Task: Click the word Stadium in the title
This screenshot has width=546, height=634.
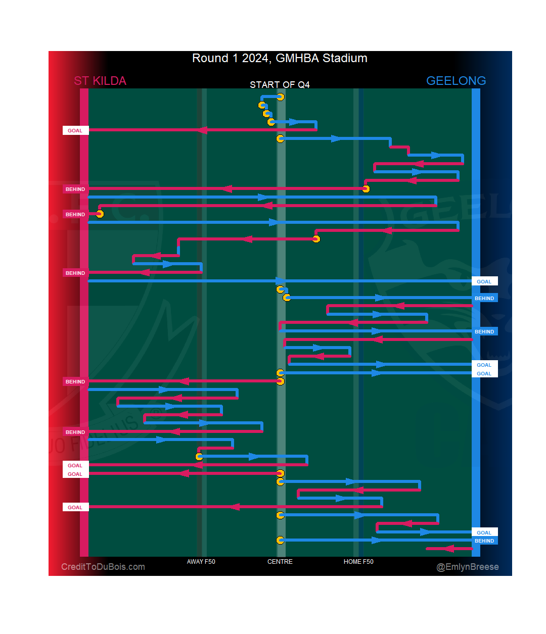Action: pyautogui.click(x=345, y=58)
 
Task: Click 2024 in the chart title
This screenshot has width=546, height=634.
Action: pyautogui.click(x=255, y=58)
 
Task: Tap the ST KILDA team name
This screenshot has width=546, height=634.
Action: pyautogui.click(x=100, y=81)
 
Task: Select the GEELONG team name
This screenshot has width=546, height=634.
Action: pyautogui.click(x=456, y=81)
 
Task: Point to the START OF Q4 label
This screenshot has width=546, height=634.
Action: pyautogui.click(x=280, y=84)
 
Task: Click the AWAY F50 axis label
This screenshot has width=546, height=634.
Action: pyautogui.click(x=201, y=562)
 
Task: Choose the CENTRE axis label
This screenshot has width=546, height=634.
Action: pyautogui.click(x=280, y=562)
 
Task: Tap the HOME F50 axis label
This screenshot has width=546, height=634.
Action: pyautogui.click(x=358, y=562)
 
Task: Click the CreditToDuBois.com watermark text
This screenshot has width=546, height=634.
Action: pyautogui.click(x=103, y=567)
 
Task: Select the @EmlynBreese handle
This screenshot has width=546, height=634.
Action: pyautogui.click(x=468, y=567)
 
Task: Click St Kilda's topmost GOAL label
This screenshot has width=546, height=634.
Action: pyautogui.click(x=75, y=130)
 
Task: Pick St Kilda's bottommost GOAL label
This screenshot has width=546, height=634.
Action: pyautogui.click(x=75, y=507)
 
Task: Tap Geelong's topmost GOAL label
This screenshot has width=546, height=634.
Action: pyautogui.click(x=484, y=281)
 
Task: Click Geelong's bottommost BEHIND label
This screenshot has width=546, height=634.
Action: pyautogui.click(x=484, y=541)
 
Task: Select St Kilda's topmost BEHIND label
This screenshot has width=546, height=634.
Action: pyautogui.click(x=75, y=189)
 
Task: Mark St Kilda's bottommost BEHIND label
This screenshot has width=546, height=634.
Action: pyautogui.click(x=75, y=432)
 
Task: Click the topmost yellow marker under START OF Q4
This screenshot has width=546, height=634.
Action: pyautogui.click(x=281, y=97)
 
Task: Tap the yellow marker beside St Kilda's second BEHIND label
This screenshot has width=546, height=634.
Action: pyautogui.click(x=100, y=214)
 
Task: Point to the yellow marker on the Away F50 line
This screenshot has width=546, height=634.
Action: pyautogui.click(x=199, y=457)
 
